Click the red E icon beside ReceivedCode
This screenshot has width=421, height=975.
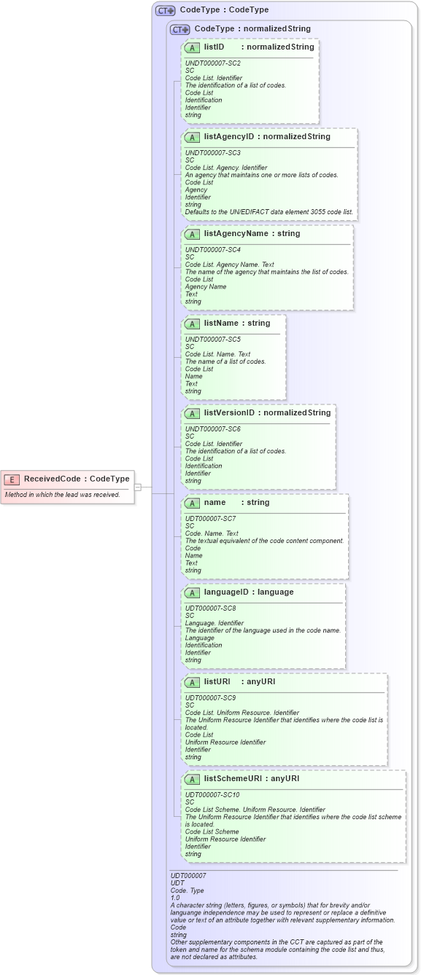point(12,479)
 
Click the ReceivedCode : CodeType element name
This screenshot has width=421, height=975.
point(77,479)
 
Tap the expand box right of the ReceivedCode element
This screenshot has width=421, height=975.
point(138,487)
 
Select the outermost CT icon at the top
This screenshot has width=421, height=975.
point(166,10)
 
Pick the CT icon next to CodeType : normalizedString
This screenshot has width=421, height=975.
point(180,29)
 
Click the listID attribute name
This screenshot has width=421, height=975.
point(214,47)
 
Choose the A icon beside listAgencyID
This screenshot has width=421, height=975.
point(192,137)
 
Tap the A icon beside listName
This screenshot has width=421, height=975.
point(192,324)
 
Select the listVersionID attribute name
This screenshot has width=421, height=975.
point(229,413)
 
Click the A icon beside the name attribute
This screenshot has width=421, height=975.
point(192,503)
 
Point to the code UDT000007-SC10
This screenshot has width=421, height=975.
point(213,795)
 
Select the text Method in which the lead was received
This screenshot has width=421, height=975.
point(62,495)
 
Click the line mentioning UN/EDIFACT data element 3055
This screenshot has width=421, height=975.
point(269,212)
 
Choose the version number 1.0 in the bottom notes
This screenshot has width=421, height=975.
point(175,898)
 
